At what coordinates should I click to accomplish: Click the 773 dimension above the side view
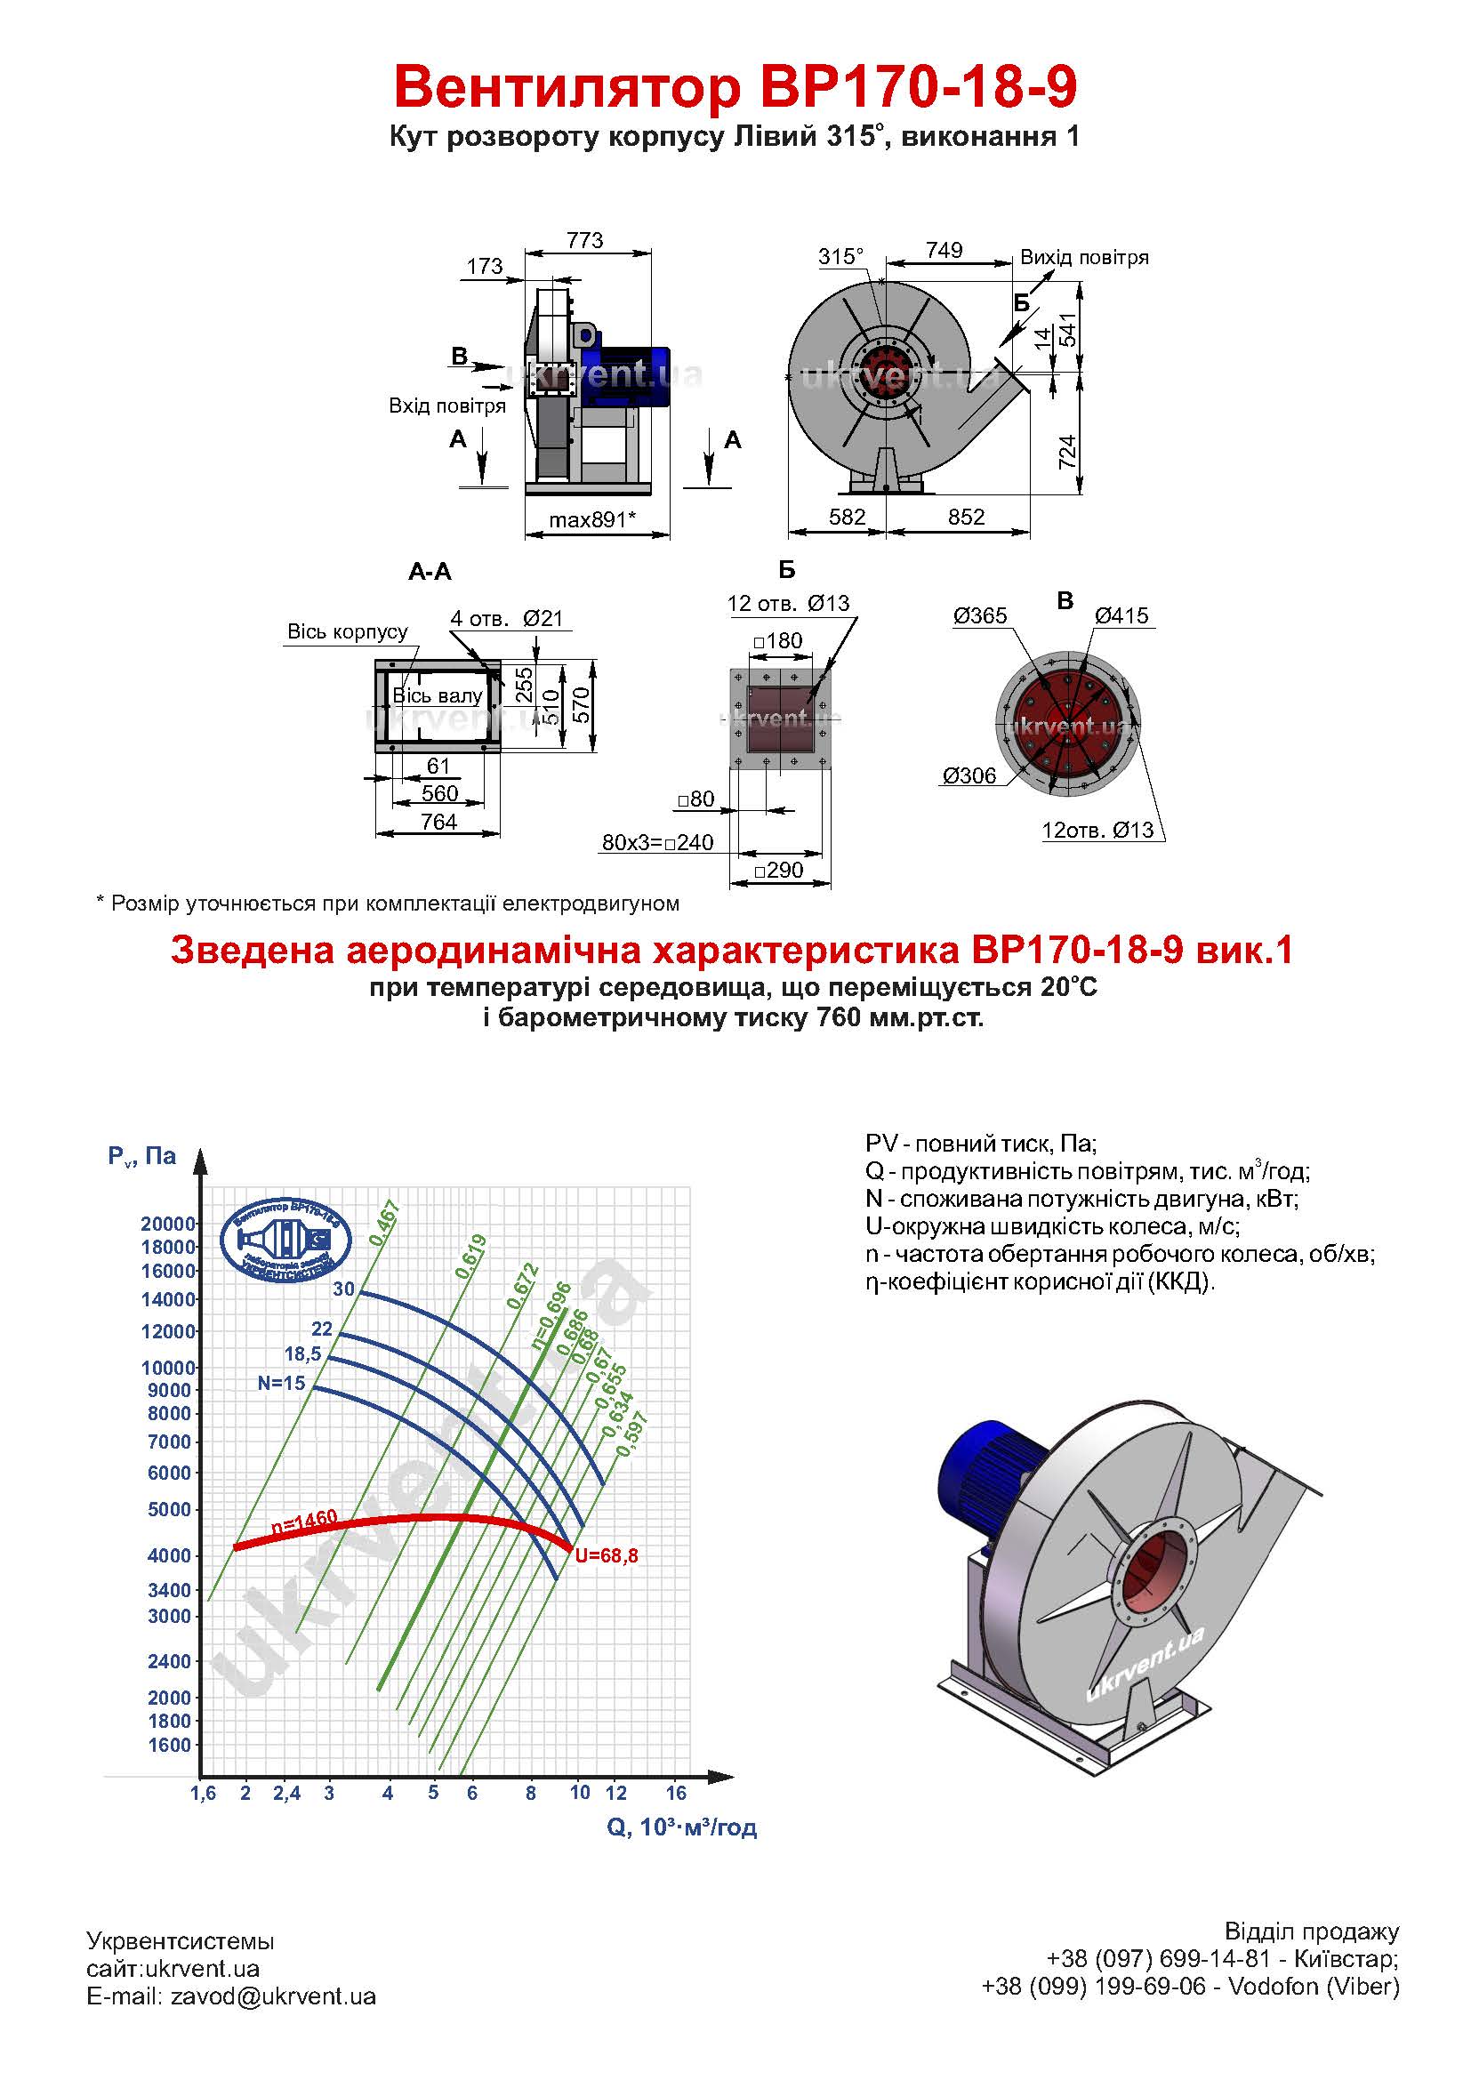pos(585,240)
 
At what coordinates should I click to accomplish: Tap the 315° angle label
pos(840,256)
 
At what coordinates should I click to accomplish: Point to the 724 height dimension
pos(1068,452)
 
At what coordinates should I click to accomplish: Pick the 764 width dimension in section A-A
pos(438,822)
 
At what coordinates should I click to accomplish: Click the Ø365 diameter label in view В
pos(980,616)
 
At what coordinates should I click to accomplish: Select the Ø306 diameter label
pos(969,775)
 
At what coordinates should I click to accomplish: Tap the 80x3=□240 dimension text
pos(657,842)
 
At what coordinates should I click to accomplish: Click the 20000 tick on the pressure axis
pos(168,1224)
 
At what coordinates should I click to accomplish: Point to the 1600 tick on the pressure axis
pos(169,1745)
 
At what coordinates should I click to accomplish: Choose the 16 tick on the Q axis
pos(676,1793)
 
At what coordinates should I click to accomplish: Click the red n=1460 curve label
pos(304,1522)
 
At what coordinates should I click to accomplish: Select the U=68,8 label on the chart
pos(606,1555)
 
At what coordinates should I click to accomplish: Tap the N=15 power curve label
pos(282,1384)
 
